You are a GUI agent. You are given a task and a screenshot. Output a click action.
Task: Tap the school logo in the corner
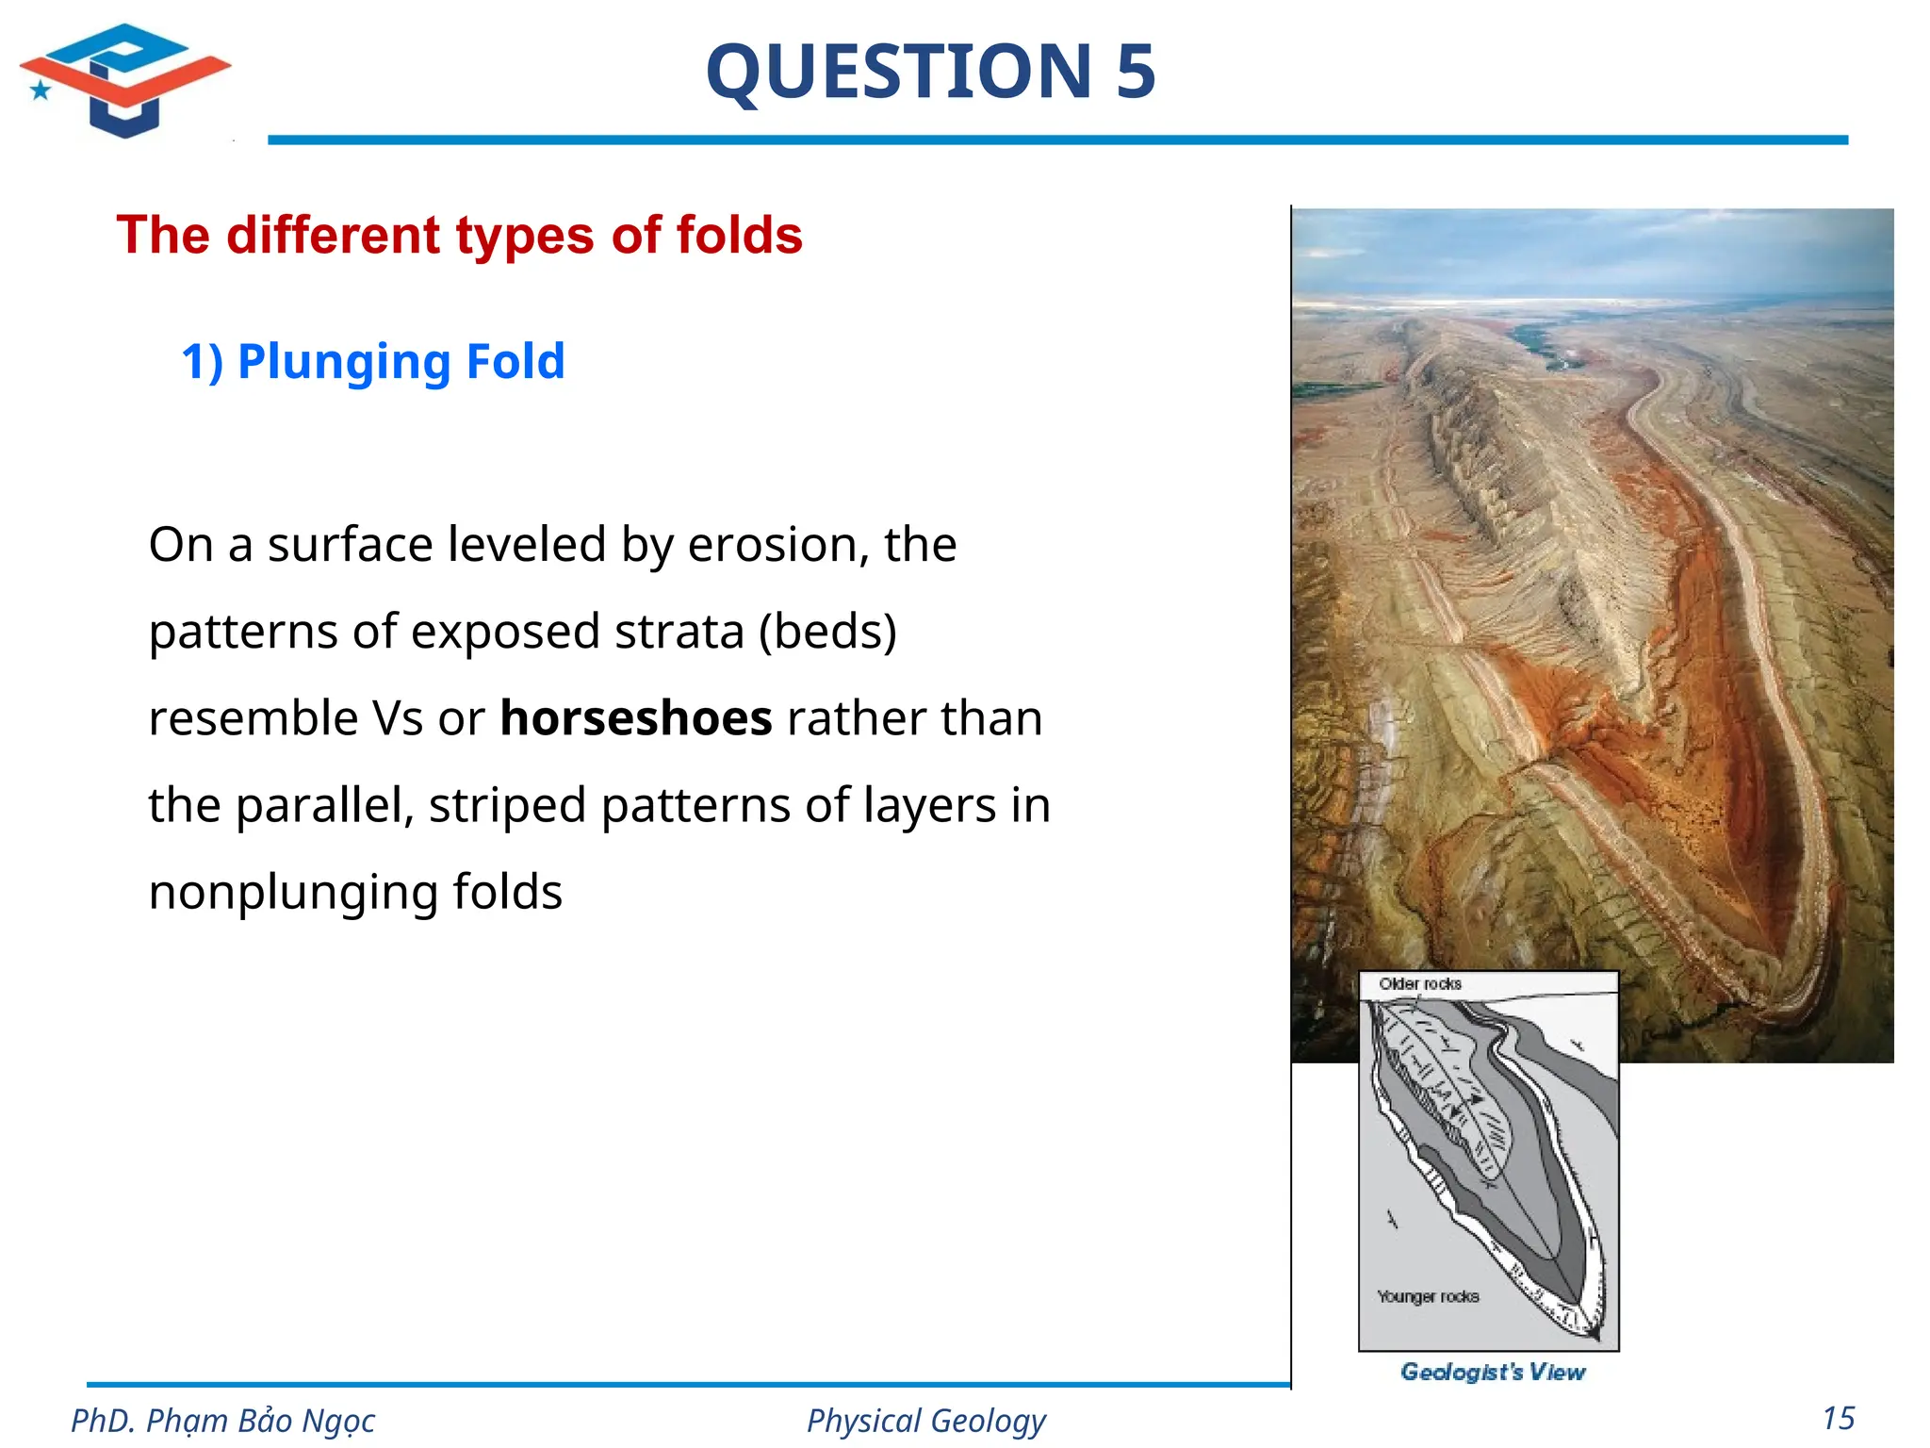[x=124, y=80]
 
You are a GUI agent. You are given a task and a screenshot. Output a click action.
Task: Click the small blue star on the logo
[x=41, y=90]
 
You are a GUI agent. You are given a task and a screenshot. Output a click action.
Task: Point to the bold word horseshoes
[x=636, y=718]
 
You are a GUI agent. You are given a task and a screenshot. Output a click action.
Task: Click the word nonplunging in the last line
[x=354, y=892]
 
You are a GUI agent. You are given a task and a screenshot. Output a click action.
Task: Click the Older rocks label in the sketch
[x=1419, y=984]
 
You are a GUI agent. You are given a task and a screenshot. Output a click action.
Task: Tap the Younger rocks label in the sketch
[x=1428, y=1297]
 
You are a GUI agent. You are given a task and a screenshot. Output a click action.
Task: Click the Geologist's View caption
[x=1493, y=1372]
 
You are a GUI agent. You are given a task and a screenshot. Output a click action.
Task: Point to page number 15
[x=1839, y=1419]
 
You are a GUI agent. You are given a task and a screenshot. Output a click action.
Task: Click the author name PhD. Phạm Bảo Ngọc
[x=223, y=1421]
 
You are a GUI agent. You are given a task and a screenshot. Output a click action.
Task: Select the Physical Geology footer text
[x=925, y=1421]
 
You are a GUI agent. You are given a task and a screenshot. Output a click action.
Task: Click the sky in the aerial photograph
[x=1593, y=250]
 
